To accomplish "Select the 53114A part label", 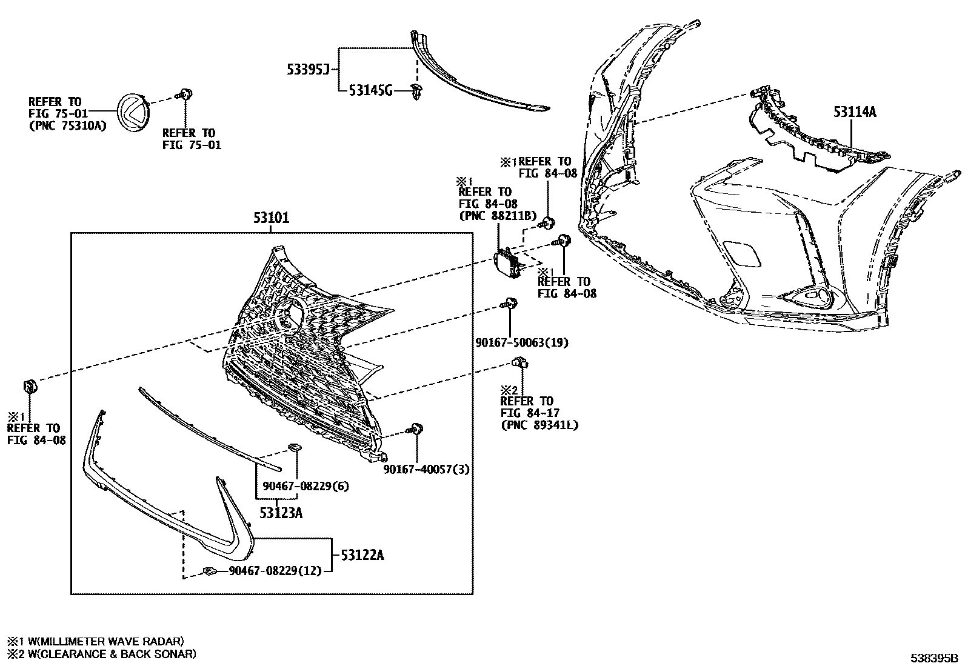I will click(855, 112).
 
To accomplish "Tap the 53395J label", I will click(308, 70).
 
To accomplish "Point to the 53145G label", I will click(370, 91).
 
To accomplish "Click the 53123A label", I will click(281, 513).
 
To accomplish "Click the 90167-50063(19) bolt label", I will click(522, 343).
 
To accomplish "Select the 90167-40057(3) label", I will click(426, 469).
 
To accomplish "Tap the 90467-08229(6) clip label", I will click(306, 486).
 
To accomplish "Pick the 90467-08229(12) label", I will click(275, 571).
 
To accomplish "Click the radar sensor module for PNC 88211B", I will click(507, 264).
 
